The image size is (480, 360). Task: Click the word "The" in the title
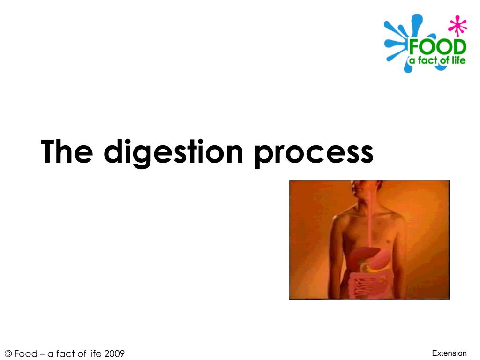click(x=67, y=151)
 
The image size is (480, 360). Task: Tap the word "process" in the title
click(x=314, y=154)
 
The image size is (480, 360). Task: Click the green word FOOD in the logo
click(x=437, y=47)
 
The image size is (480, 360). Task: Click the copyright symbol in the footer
click(x=8, y=353)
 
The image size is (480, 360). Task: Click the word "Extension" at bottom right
click(x=449, y=353)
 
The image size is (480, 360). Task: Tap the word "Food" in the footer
click(x=26, y=353)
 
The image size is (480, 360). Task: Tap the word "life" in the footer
click(x=95, y=353)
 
